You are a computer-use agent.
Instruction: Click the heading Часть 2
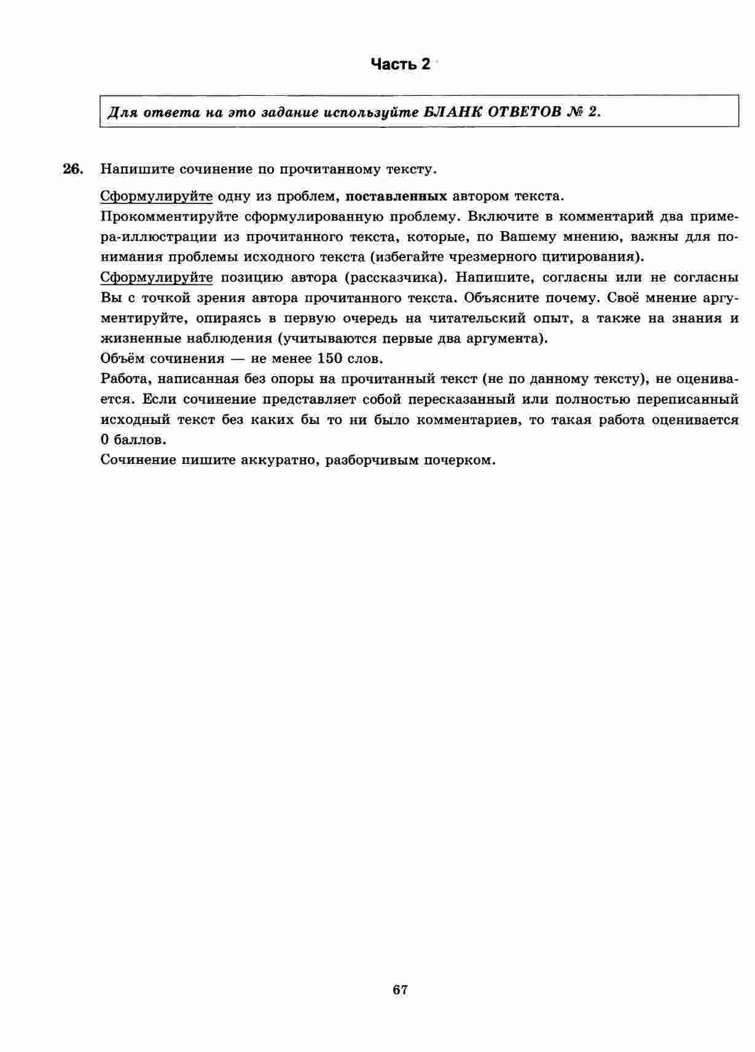(401, 64)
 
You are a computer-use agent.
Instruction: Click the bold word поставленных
(396, 197)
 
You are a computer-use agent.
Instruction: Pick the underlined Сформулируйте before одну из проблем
(156, 197)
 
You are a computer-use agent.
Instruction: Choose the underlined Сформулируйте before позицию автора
(156, 278)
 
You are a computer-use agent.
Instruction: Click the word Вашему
(529, 237)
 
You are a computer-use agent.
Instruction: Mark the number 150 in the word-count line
(330, 359)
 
